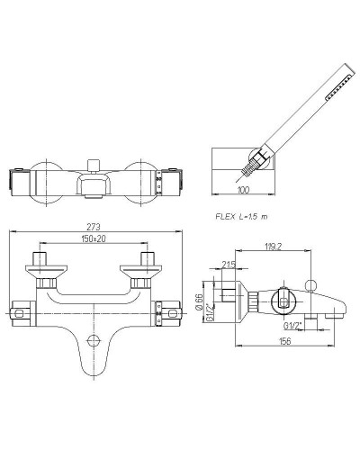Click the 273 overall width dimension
coord(94,227)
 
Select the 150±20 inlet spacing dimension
coord(94,238)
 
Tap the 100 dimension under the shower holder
coord(243,190)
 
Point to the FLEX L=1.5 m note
coord(241,216)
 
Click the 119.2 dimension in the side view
coord(274,247)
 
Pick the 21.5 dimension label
coord(229,265)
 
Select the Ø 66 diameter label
coord(199,301)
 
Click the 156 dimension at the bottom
coord(284,341)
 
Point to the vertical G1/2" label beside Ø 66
coord(211,313)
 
